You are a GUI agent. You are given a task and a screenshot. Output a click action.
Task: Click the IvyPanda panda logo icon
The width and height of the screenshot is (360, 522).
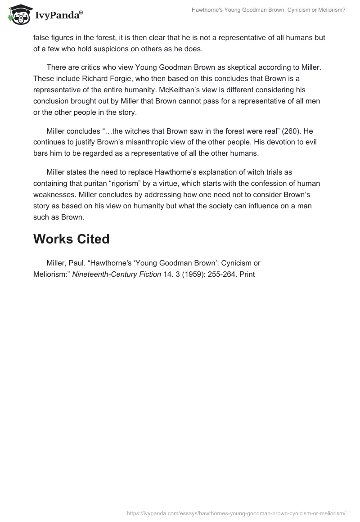click(18, 15)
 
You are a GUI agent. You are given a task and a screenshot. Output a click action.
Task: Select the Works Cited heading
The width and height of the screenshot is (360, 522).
click(71, 239)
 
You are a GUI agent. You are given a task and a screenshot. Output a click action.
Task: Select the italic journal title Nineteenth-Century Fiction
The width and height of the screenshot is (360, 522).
click(117, 274)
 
